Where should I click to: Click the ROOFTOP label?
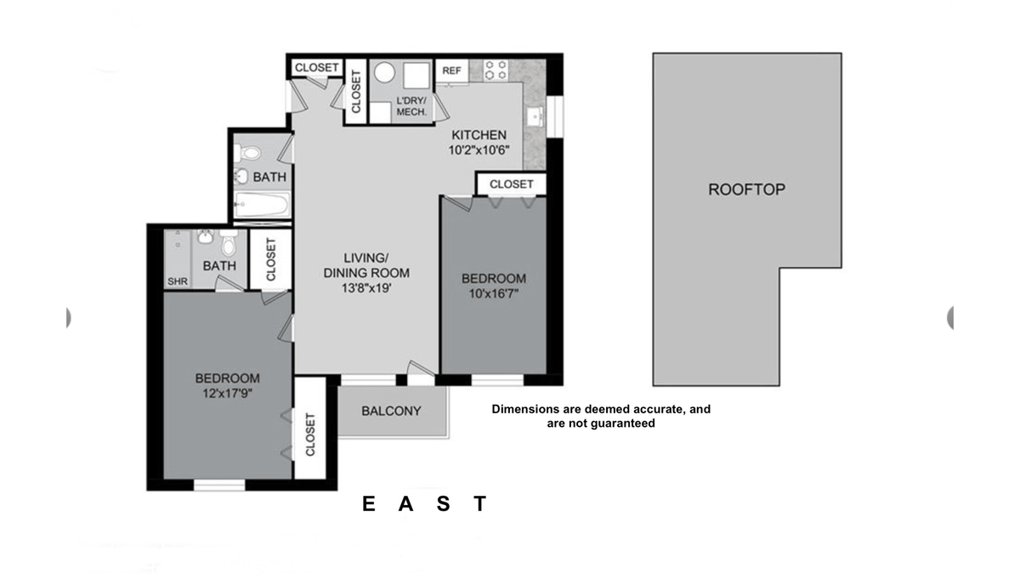pos(747,190)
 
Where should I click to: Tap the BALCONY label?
pos(391,411)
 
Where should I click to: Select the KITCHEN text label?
pos(479,135)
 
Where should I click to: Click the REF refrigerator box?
pos(451,71)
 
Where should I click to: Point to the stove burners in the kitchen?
pos(496,70)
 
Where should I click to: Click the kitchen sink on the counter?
pos(535,117)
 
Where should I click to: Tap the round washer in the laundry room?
pos(385,72)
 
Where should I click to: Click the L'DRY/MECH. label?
pos(411,106)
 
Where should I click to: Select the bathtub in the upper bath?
pos(262,205)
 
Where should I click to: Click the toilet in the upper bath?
pos(246,153)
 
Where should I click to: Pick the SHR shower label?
pos(178,281)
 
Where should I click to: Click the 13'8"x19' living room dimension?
pos(366,288)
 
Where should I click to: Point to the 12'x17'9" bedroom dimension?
pos(228,393)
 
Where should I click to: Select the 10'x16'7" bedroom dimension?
pos(494,293)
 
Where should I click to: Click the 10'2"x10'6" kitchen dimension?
pos(479,151)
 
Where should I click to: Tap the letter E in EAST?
pos(369,503)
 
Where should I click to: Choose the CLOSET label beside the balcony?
pos(310,435)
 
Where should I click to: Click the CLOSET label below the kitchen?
pos(512,184)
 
